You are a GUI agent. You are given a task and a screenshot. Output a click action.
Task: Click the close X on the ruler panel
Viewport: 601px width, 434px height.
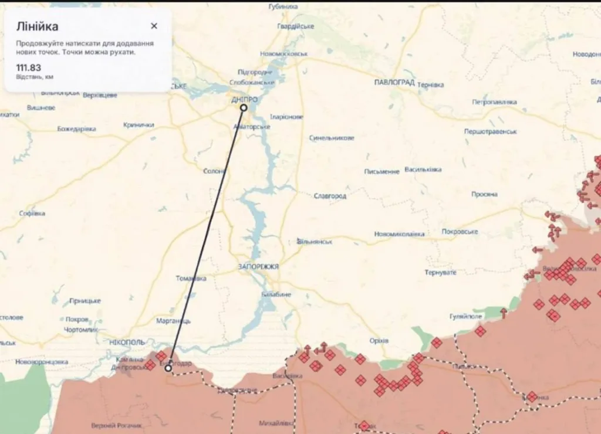tap(154, 26)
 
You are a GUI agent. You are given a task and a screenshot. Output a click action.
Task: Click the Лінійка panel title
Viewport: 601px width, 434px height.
tap(37, 26)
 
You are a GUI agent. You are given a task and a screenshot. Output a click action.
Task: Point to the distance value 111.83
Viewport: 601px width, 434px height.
tap(29, 67)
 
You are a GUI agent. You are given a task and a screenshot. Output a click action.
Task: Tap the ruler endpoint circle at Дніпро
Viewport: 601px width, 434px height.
tap(244, 107)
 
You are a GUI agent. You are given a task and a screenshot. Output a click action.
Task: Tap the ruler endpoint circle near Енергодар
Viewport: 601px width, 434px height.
tap(168, 368)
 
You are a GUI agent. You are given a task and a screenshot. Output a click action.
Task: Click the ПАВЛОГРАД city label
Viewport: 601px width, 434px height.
tap(394, 82)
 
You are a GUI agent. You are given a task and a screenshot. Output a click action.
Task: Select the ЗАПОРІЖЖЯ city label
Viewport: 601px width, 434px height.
tap(258, 267)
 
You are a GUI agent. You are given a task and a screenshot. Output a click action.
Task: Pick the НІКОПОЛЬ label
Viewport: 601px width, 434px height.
tap(127, 341)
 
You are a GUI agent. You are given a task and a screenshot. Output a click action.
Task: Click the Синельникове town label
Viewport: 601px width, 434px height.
tap(332, 138)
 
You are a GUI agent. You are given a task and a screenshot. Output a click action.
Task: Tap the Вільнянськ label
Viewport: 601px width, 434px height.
tap(315, 242)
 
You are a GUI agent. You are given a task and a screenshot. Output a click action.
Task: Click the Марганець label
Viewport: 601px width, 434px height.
tap(174, 321)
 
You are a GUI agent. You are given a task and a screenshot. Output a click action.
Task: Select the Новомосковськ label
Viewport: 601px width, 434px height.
tap(284, 53)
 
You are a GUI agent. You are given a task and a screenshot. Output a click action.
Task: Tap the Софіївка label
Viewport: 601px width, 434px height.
tap(32, 213)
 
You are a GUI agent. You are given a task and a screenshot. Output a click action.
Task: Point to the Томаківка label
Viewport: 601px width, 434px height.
tap(191, 279)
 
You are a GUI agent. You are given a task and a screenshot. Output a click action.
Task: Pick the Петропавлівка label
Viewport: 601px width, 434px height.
tap(495, 102)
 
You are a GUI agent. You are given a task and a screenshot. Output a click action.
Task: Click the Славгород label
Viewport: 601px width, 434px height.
tap(330, 196)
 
